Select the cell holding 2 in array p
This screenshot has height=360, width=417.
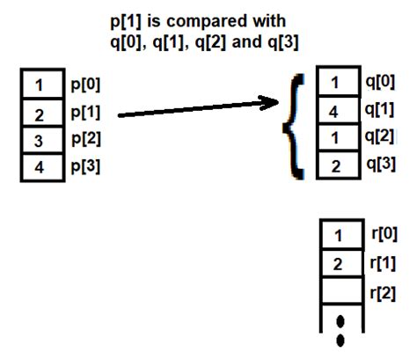[40, 114]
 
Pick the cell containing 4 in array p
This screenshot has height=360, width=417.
[40, 167]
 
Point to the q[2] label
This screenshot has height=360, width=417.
[380, 138]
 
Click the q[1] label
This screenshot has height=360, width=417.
[380, 111]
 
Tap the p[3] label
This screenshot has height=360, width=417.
[84, 167]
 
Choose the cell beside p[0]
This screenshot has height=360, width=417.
[40, 85]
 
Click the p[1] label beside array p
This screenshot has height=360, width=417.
[84, 113]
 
